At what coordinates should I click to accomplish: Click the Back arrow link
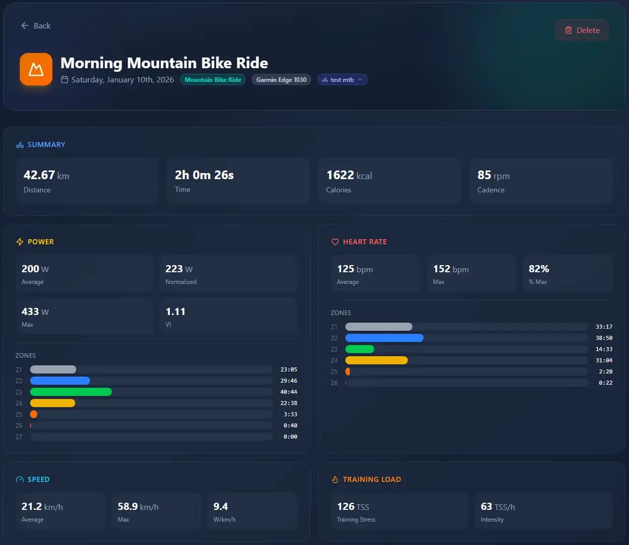point(35,25)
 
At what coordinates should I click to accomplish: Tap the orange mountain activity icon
point(36,69)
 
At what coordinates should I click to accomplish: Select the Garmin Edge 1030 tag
point(281,80)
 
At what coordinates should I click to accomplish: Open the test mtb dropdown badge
point(342,80)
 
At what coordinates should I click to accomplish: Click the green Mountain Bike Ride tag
point(213,80)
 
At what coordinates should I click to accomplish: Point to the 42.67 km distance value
point(46,175)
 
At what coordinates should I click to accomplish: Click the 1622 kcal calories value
point(349,175)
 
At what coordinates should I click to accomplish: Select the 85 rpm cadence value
point(493,175)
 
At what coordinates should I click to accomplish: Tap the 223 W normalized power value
point(179,269)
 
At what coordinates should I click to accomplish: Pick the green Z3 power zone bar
point(71,392)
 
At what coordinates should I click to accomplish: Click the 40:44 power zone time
point(288,392)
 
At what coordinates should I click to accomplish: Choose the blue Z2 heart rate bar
point(384,338)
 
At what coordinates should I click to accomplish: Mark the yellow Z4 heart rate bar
point(376,360)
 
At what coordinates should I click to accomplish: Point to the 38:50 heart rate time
point(604,338)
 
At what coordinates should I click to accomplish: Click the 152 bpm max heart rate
point(451,269)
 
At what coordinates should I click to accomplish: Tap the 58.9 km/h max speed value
point(138,506)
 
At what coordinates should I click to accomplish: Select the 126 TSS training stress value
point(353,506)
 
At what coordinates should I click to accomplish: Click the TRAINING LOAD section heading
point(371,479)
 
